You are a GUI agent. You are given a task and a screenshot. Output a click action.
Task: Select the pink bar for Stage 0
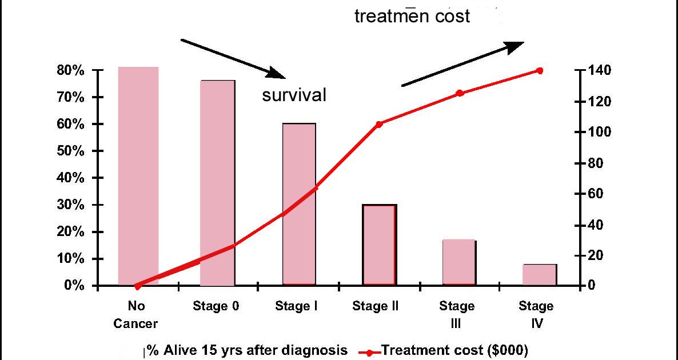(x=217, y=183)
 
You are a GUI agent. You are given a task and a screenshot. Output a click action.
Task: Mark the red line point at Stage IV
(x=540, y=70)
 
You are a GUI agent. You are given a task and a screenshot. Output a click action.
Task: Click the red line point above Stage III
(x=460, y=93)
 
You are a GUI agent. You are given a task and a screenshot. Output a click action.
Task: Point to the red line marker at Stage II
(x=379, y=123)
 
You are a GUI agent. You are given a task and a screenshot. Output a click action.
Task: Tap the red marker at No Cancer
(x=137, y=285)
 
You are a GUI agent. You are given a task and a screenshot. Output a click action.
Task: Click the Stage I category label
(x=296, y=306)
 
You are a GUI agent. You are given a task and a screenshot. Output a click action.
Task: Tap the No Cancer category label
(x=135, y=315)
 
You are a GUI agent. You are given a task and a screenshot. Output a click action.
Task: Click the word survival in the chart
(x=294, y=95)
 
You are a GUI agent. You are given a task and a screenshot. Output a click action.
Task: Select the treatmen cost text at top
(x=412, y=16)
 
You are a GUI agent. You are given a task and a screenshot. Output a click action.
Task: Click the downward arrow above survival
(x=233, y=58)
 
